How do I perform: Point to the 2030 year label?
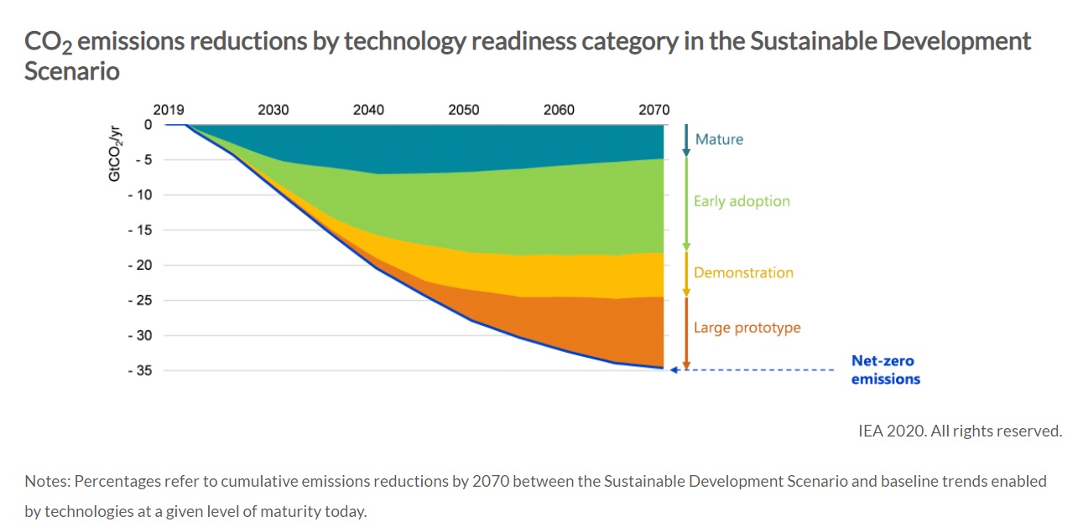click(x=273, y=110)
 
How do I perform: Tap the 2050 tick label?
click(x=464, y=110)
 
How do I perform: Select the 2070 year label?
click(x=654, y=110)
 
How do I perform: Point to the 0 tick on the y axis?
click(x=148, y=125)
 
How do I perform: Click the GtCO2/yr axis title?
click(x=115, y=153)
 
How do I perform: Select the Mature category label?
click(x=719, y=139)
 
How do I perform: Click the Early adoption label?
click(x=742, y=201)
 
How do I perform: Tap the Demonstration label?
click(x=743, y=272)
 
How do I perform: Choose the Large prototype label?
click(x=747, y=328)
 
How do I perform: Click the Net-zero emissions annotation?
click(x=885, y=369)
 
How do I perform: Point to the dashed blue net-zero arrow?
click(x=755, y=369)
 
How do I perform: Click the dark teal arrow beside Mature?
click(x=685, y=140)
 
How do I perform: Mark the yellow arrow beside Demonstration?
click(x=685, y=273)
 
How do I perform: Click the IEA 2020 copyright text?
click(x=960, y=431)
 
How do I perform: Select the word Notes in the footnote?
click(x=46, y=481)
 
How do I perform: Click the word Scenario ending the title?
click(x=72, y=71)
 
